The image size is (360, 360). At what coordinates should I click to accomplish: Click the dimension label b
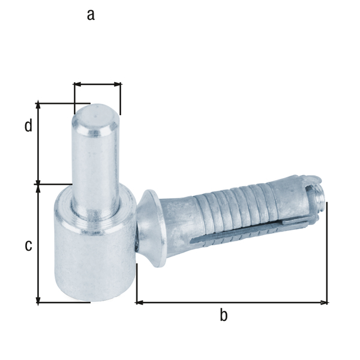[x=223, y=315]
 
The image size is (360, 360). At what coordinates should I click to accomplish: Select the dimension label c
[x=28, y=245]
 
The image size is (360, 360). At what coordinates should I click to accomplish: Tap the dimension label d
[x=28, y=127]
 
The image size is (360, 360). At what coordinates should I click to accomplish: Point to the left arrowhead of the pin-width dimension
[x=76, y=85]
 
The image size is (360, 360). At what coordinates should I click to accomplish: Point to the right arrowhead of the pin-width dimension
[x=118, y=85]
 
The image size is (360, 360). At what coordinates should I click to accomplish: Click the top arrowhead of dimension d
[x=38, y=105]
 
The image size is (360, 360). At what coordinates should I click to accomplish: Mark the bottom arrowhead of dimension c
[x=38, y=300]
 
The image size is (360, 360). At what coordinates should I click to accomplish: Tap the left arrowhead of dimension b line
[x=139, y=302]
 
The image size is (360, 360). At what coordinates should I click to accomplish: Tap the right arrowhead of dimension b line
[x=325, y=302]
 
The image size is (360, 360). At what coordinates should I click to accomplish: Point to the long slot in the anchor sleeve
[x=240, y=233]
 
